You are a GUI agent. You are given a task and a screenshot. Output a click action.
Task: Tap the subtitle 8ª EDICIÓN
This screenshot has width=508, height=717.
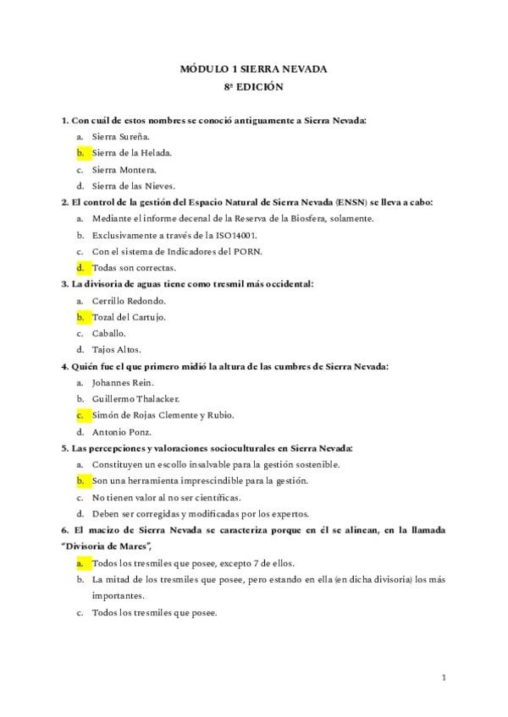253,86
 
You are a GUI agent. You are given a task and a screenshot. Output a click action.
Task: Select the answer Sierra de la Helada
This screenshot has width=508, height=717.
131,153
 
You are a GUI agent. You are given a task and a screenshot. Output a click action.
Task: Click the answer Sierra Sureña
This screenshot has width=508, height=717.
121,136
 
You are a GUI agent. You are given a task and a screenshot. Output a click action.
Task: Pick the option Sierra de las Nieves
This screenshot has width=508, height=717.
134,185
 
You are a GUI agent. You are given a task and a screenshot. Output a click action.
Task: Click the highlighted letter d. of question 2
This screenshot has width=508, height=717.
80,267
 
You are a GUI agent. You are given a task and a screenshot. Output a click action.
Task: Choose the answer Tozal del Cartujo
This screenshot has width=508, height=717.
129,317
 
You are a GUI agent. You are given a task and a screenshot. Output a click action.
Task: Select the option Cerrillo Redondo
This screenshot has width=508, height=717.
129,300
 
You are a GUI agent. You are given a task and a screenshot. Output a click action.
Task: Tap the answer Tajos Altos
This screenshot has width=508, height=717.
117,349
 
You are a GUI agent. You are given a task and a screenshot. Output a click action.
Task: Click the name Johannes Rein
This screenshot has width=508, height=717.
124,382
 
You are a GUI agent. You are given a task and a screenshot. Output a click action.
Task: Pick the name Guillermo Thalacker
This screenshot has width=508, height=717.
135,398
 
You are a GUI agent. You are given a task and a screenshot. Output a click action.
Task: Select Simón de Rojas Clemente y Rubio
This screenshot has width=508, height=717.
174,415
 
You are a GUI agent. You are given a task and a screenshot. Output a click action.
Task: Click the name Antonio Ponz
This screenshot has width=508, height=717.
120,431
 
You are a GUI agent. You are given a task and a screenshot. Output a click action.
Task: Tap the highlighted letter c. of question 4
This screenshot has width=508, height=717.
80,415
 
